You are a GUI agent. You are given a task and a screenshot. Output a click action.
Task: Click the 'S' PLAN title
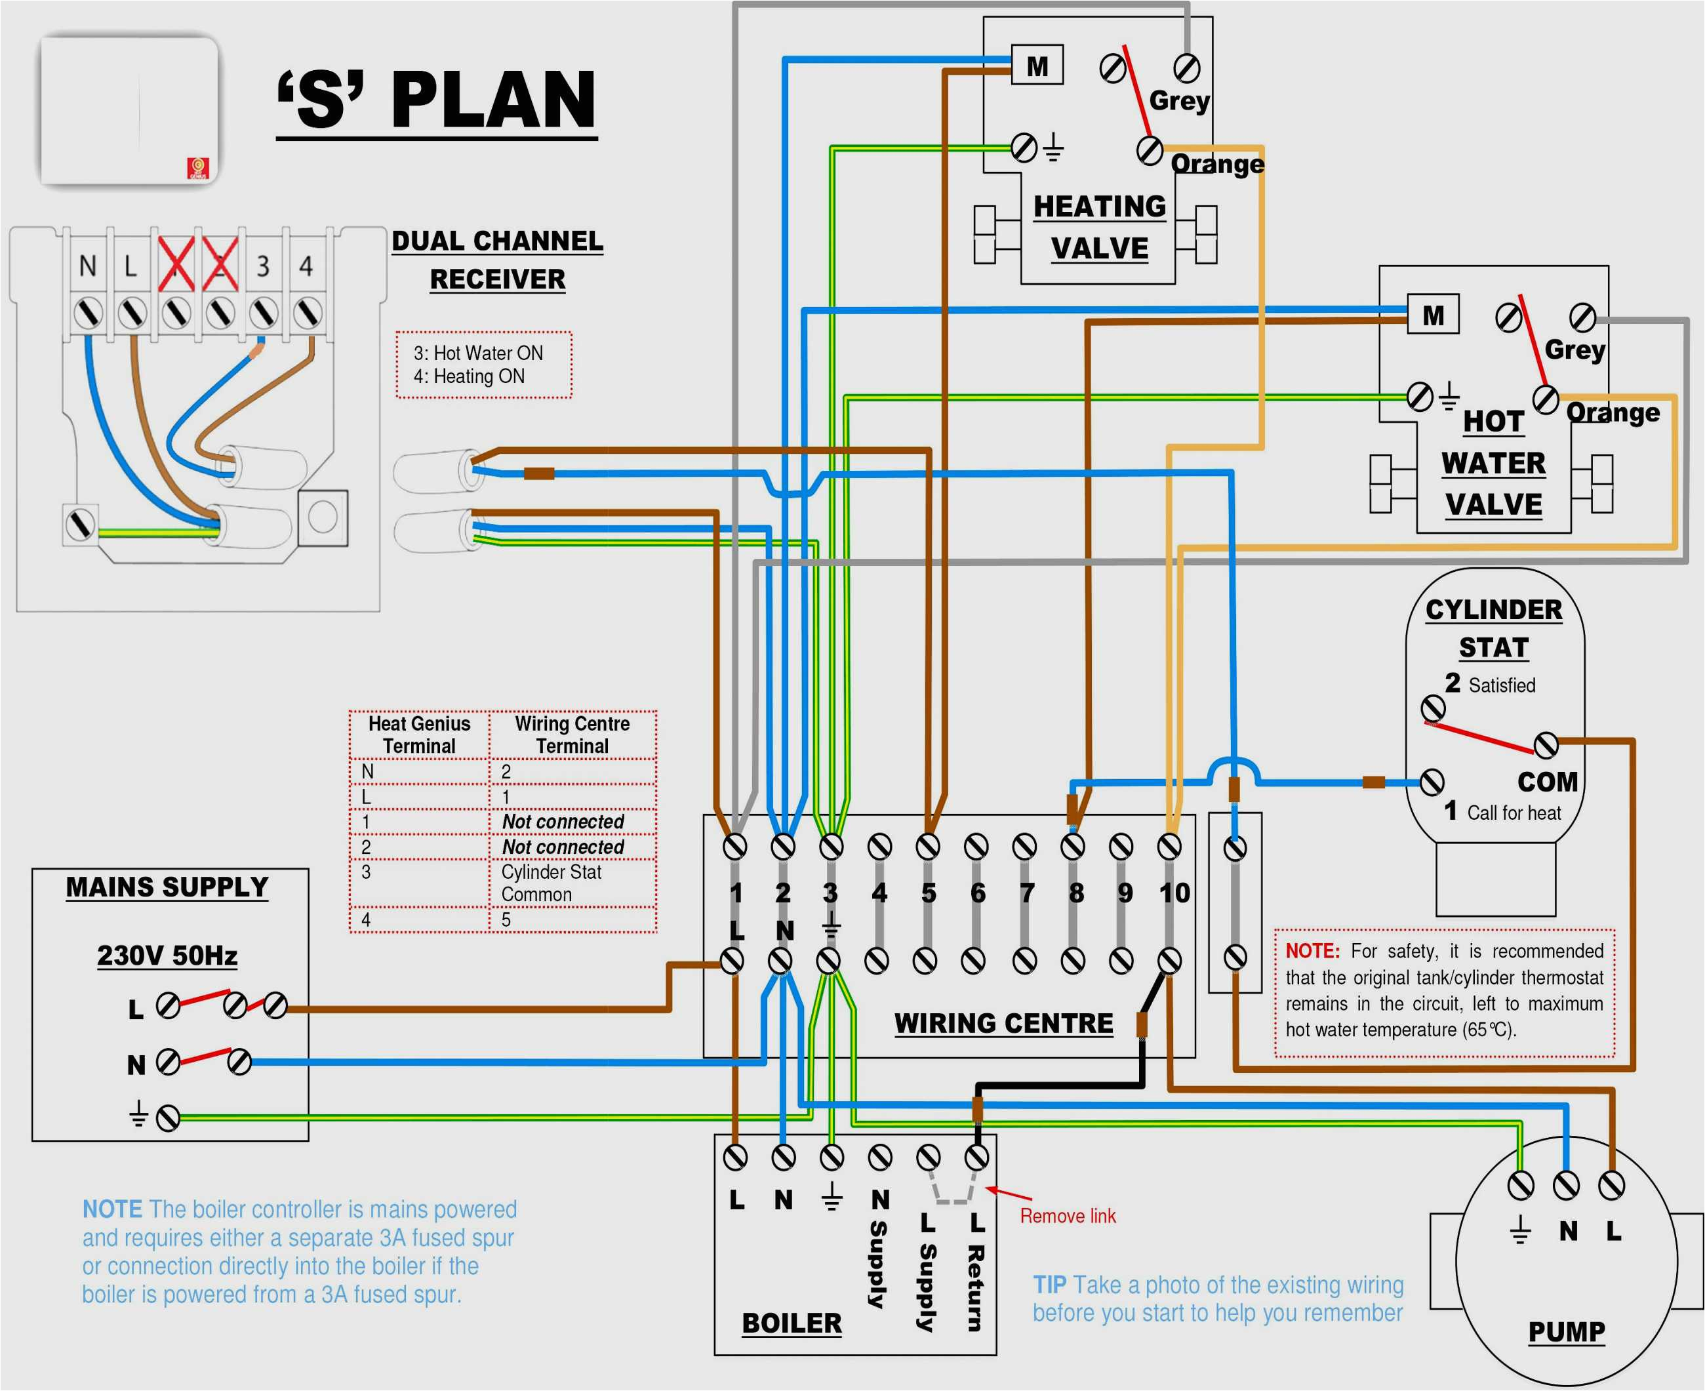(437, 100)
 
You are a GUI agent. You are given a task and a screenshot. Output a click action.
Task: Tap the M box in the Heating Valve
(1037, 66)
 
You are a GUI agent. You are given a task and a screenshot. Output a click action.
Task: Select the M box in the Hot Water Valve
(1433, 315)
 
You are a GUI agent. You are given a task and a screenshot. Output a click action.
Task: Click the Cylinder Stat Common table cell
(552, 883)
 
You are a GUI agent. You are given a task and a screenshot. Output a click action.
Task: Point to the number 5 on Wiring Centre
(929, 893)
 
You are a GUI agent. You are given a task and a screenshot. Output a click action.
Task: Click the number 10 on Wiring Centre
(1174, 893)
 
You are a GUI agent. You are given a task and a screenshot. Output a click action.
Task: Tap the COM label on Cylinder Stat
(1546, 782)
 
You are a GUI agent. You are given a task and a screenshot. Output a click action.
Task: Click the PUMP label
(1567, 1332)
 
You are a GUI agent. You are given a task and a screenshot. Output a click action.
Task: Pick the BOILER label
(792, 1323)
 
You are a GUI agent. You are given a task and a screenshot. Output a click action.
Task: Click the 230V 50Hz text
(167, 955)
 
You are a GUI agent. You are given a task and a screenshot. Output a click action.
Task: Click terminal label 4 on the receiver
(306, 265)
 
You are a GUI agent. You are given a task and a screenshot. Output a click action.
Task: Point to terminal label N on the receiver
(87, 265)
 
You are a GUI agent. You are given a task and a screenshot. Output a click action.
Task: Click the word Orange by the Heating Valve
(1217, 164)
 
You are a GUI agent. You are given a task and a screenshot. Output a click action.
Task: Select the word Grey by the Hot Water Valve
(1575, 350)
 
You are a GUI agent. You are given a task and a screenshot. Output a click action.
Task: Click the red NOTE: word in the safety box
(1312, 951)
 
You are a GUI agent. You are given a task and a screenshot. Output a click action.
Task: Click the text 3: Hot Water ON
(478, 353)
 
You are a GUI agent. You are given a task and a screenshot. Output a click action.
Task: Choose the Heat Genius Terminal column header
(419, 735)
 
